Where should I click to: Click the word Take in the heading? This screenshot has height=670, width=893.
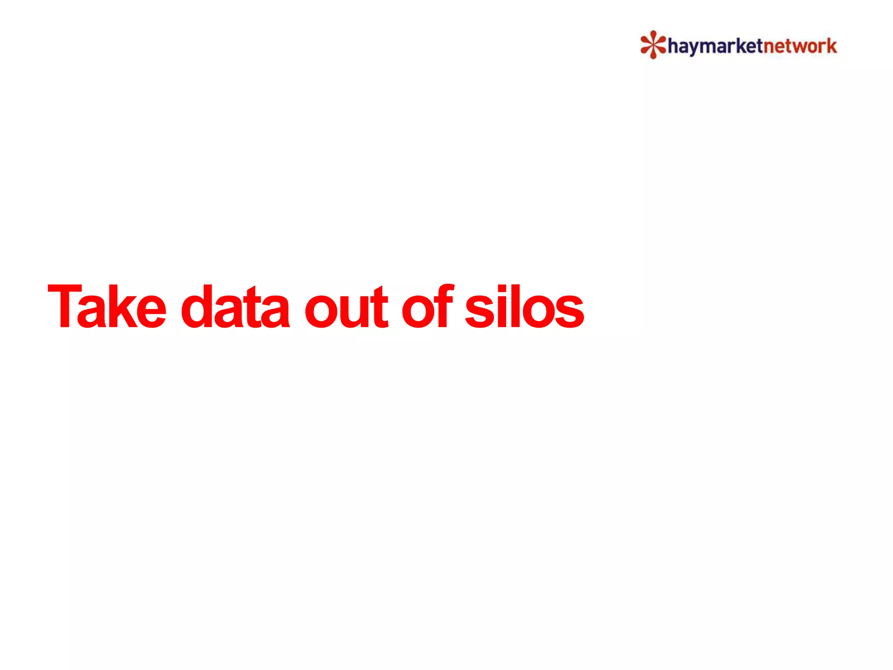click(107, 306)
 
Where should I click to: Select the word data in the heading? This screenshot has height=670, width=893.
click(235, 306)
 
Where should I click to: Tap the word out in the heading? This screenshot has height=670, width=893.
click(346, 306)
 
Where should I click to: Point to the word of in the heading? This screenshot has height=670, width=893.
click(427, 306)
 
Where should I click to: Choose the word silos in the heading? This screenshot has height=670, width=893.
click(524, 306)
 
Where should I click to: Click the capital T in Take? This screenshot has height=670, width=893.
click(65, 306)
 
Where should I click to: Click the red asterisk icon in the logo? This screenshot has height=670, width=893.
click(653, 44)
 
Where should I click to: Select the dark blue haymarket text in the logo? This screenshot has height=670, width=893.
click(715, 46)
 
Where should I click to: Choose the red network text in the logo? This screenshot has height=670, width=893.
click(800, 46)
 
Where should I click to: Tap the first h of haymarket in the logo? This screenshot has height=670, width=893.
click(673, 45)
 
